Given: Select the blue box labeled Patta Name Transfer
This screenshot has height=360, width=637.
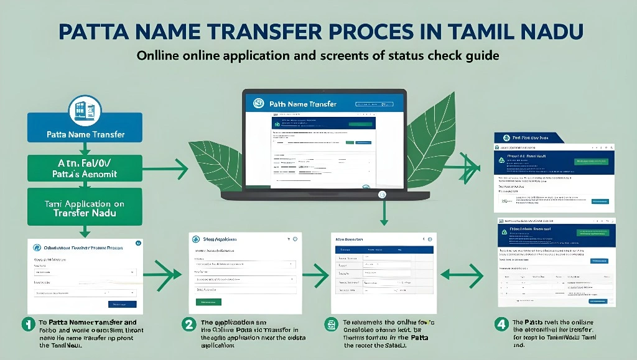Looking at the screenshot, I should pos(86,134).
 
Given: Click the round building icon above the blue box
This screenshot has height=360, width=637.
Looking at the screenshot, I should pos(83,109).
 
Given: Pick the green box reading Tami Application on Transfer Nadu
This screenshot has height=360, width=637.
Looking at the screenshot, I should pos(86,208).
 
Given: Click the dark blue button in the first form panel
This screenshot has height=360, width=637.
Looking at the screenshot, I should pos(122,304).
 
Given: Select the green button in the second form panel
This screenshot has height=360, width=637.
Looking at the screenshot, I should pos(208,302).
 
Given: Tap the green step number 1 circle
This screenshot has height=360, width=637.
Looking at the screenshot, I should pos(27,323).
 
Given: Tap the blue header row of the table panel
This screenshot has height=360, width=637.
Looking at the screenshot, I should pos(373,249).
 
